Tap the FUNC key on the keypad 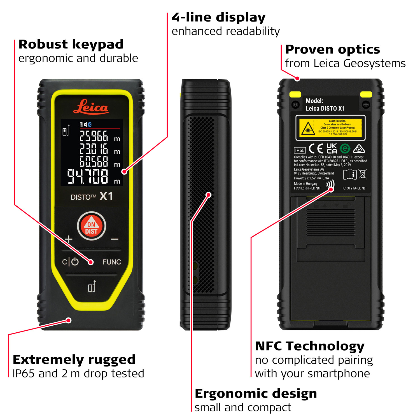(x=111, y=262)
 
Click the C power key (x=70, y=262)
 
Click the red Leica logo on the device (x=91, y=107)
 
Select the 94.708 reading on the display (x=88, y=177)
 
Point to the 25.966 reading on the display (x=94, y=137)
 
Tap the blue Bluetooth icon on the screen (x=90, y=124)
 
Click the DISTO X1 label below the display (x=92, y=197)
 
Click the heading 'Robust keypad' (x=71, y=44)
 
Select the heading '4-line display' (x=218, y=17)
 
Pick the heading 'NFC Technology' (x=310, y=346)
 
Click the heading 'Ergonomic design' (x=256, y=393)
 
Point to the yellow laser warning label (x=330, y=128)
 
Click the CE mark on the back (x=316, y=149)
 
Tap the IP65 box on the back (x=300, y=150)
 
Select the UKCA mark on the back (x=332, y=148)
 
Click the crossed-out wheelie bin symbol (x=362, y=174)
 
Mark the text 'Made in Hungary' (x=305, y=184)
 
